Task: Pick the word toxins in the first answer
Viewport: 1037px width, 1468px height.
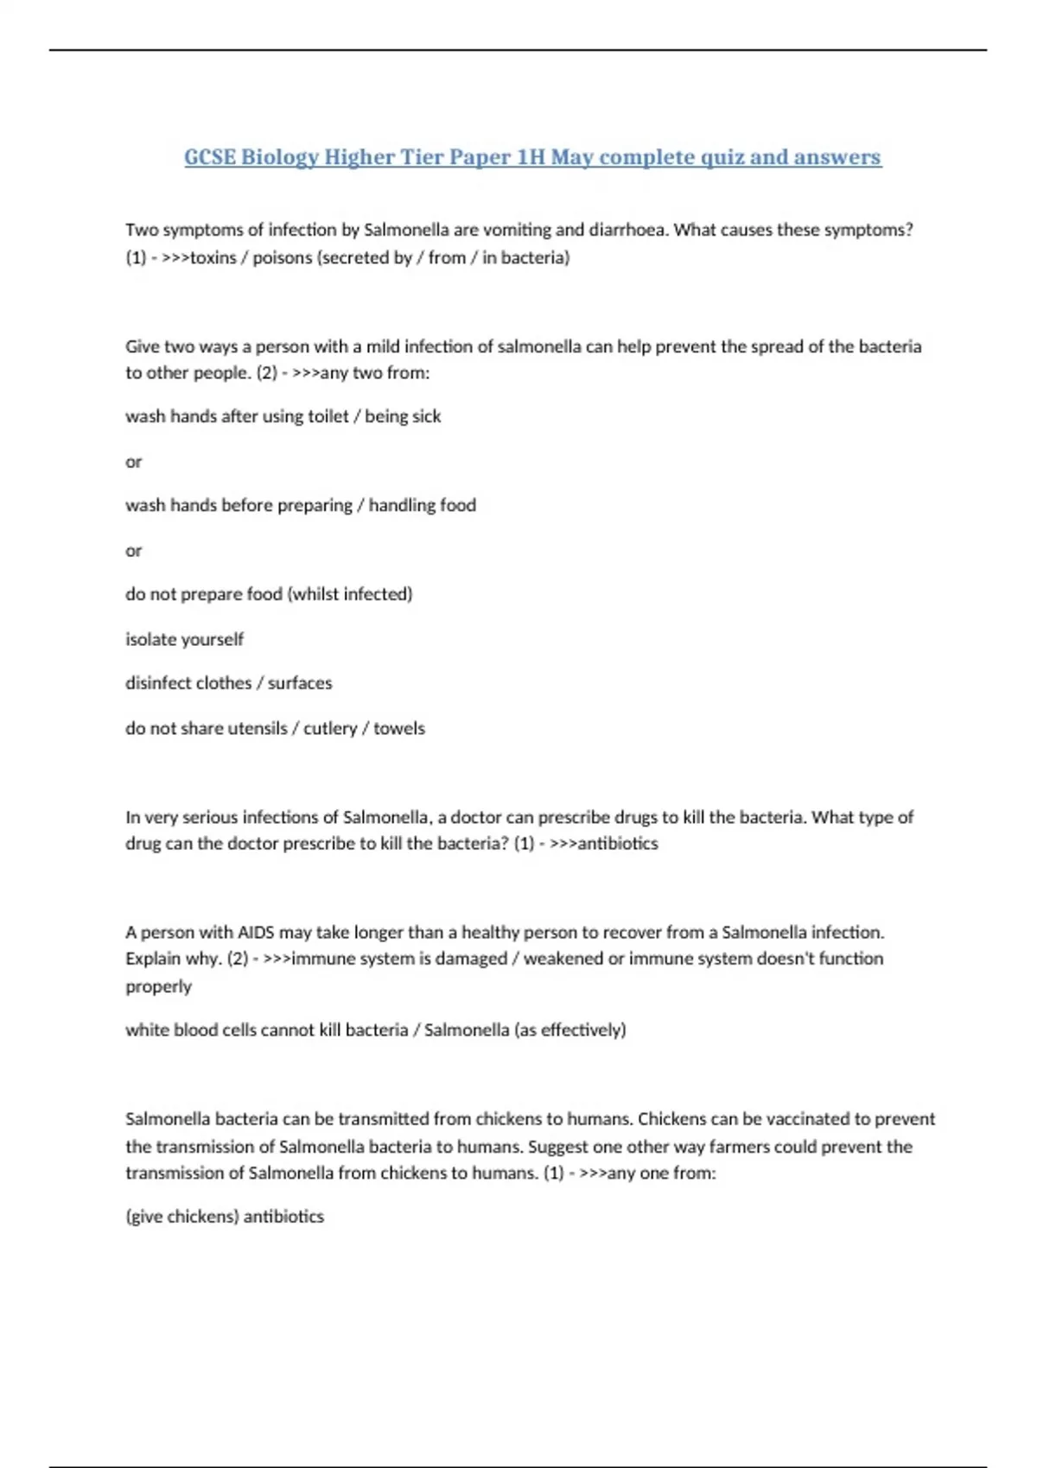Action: (x=213, y=257)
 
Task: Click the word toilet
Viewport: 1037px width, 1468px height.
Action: (x=328, y=416)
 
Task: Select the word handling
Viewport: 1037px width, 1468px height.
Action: (x=402, y=505)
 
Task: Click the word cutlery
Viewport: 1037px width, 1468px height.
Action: (x=330, y=728)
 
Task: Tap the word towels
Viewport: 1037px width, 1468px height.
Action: (x=399, y=728)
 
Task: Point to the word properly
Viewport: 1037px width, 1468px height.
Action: (x=158, y=986)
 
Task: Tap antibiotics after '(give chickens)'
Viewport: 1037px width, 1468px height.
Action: (x=283, y=1217)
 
